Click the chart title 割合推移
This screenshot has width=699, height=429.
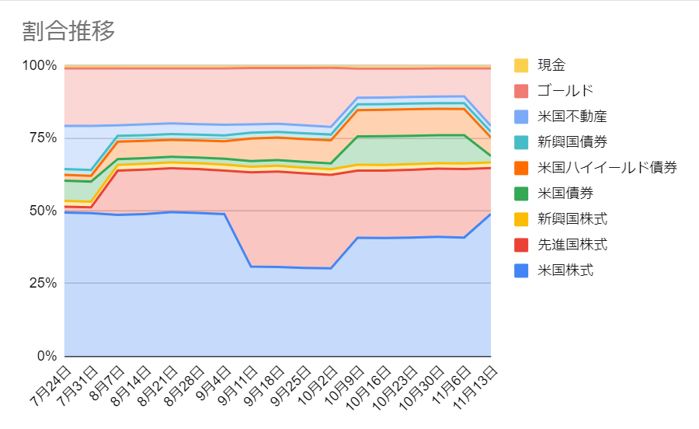[68, 31]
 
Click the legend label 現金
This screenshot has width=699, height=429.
[551, 65]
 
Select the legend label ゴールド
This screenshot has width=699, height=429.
[565, 91]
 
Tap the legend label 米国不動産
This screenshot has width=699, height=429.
[572, 117]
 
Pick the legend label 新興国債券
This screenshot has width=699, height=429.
[572, 141]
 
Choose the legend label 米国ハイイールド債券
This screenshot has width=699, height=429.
[607, 168]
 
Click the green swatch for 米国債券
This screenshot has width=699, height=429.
[521, 194]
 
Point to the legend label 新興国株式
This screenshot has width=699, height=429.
[572, 219]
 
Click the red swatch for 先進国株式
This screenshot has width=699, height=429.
[521, 245]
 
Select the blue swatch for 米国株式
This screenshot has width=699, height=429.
[521, 270]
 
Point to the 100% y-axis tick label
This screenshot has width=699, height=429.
[40, 65]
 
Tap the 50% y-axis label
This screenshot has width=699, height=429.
[43, 211]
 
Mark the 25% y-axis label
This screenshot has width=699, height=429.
[43, 283]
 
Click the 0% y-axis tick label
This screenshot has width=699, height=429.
[47, 356]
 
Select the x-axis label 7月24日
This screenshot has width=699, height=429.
[51, 385]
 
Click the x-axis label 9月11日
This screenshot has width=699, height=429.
[238, 385]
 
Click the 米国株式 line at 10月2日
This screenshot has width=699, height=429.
[330, 268]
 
